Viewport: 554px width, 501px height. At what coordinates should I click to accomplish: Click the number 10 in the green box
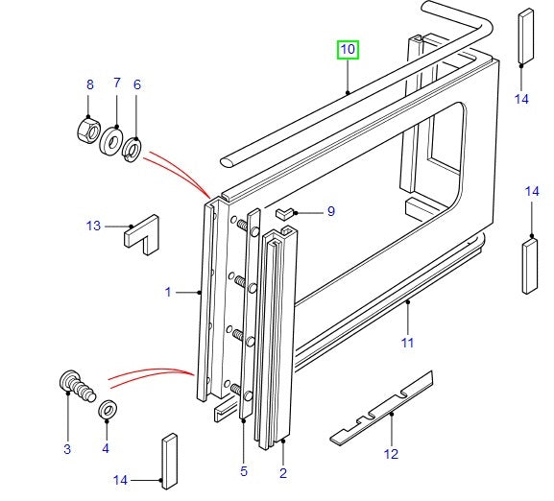(x=347, y=49)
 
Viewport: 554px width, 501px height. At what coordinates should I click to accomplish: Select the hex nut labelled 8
(x=88, y=128)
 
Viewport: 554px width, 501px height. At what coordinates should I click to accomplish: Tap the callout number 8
(x=90, y=84)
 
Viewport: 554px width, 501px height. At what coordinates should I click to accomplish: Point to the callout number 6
(x=136, y=84)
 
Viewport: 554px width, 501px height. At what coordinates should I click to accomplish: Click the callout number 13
(x=92, y=227)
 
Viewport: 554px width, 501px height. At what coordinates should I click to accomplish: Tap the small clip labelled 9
(x=284, y=211)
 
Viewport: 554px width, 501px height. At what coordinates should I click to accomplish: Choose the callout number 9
(x=330, y=211)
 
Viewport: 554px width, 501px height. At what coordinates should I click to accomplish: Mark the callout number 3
(x=67, y=448)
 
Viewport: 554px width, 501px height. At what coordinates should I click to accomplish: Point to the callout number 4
(x=107, y=448)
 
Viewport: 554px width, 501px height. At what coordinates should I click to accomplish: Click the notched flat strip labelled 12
(x=382, y=407)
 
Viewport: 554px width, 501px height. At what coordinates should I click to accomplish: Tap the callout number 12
(x=391, y=454)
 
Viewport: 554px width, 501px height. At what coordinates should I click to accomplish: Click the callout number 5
(x=244, y=471)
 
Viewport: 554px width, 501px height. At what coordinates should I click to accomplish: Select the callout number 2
(x=283, y=471)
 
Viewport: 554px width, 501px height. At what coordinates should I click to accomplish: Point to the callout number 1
(x=167, y=292)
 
